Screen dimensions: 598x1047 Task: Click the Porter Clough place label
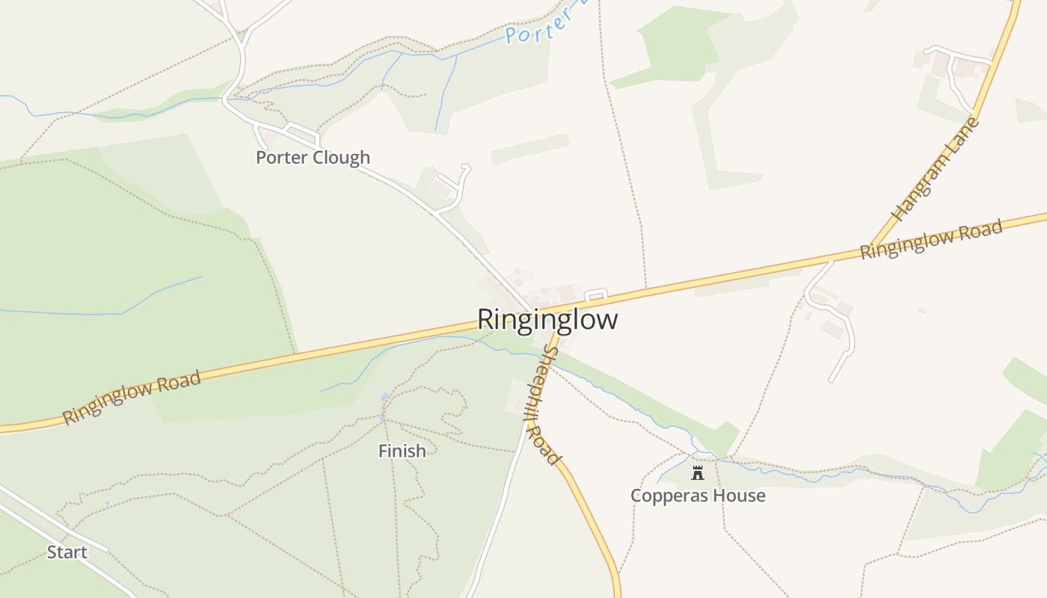coord(313,158)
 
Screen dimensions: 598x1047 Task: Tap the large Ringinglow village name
coord(547,319)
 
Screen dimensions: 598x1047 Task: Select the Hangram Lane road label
coord(936,169)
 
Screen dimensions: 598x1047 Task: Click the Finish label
coord(402,451)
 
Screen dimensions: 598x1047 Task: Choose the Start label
coord(67,552)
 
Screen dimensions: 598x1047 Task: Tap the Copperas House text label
coord(698,496)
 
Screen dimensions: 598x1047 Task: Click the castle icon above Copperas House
coord(698,472)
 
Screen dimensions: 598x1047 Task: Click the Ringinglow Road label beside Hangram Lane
coord(931,239)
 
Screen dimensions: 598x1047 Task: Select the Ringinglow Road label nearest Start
coord(132,398)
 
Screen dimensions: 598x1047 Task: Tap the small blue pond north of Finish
coord(384,398)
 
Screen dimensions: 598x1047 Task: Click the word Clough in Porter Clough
coord(341,158)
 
